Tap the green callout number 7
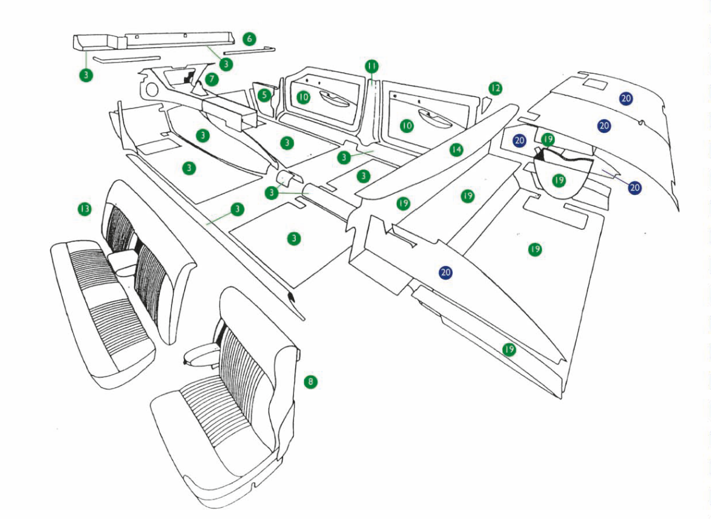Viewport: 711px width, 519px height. coord(211,79)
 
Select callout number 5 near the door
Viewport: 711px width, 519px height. coord(264,95)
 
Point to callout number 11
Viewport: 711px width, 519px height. coord(371,66)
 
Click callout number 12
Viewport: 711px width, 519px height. coord(495,89)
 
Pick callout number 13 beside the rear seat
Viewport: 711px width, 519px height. coord(84,209)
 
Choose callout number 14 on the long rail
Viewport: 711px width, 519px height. coord(456,149)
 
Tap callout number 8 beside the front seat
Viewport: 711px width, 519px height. coord(311,381)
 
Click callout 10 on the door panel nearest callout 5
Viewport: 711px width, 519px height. coord(303,97)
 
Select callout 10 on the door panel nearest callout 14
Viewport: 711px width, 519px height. coord(407,126)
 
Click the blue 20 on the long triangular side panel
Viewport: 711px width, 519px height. coord(446,273)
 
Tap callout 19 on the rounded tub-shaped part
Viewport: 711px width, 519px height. coord(559,180)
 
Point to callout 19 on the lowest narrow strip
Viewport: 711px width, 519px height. coord(509,349)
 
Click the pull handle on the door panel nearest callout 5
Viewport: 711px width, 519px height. coord(331,98)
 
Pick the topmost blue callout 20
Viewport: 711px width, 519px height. coord(627,97)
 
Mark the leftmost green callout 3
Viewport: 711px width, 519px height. coord(87,75)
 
